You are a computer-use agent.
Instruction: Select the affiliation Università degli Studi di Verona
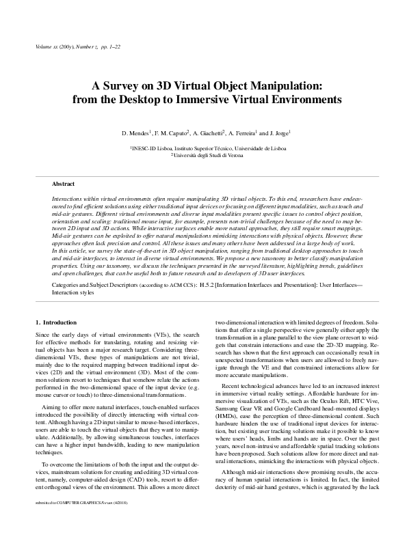[205, 154]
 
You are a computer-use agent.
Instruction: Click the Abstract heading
[64, 184]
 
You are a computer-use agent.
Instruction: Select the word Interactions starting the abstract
[67, 197]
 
